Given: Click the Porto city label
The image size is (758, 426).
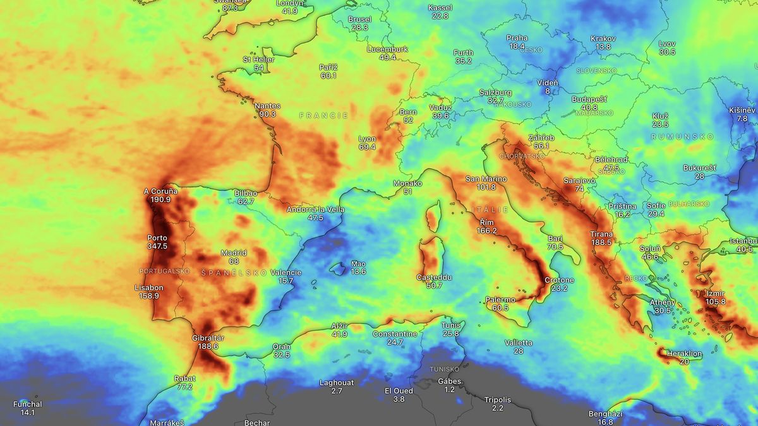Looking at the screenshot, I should pyautogui.click(x=157, y=238).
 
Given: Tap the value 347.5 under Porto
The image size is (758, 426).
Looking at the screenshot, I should pyautogui.click(x=157, y=246).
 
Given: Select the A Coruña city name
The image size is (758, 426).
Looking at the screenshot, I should pyautogui.click(x=160, y=191).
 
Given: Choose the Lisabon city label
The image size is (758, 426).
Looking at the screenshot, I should pyautogui.click(x=149, y=288).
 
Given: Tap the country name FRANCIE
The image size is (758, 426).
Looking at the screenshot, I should pyautogui.click(x=323, y=115).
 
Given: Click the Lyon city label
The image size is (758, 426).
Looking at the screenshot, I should pyautogui.click(x=367, y=139).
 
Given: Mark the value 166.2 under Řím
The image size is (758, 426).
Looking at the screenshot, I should pyautogui.click(x=486, y=231).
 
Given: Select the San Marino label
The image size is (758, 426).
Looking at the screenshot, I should pyautogui.click(x=486, y=179).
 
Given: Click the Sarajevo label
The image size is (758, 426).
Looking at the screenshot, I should pyautogui.click(x=579, y=180).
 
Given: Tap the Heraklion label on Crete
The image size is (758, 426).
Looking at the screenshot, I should pyautogui.click(x=684, y=354).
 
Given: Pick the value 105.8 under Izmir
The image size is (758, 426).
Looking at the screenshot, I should pyautogui.click(x=716, y=302).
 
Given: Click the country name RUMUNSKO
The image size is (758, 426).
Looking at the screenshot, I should pyautogui.click(x=682, y=137).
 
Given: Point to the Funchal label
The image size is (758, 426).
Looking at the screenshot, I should pyautogui.click(x=28, y=405).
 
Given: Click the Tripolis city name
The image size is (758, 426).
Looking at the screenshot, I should pyautogui.click(x=498, y=400).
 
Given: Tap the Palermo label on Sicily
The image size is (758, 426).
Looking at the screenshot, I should pyautogui.click(x=500, y=300).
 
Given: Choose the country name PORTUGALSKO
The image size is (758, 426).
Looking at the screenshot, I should pyautogui.click(x=164, y=271).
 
